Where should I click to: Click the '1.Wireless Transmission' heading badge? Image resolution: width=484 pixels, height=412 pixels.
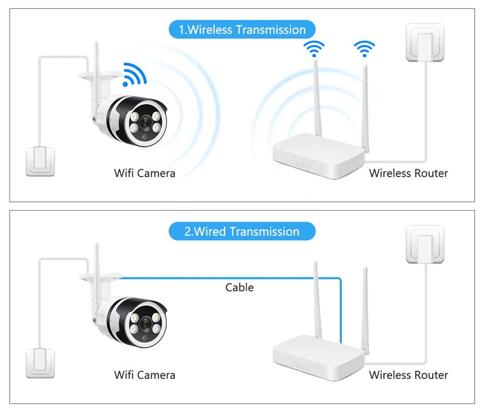pyautogui.click(x=242, y=30)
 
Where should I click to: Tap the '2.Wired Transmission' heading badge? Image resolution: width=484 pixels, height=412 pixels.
pyautogui.click(x=242, y=231)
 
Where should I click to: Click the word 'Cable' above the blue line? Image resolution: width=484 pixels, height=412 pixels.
pyautogui.click(x=239, y=288)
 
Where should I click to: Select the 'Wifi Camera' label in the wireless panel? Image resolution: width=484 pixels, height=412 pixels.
pyautogui.click(x=145, y=173)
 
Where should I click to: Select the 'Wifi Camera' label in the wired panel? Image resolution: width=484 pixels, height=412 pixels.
pyautogui.click(x=145, y=375)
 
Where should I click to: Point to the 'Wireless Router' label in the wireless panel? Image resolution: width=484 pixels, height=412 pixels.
pyautogui.click(x=409, y=173)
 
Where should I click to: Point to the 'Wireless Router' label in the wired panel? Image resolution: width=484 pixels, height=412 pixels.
pyautogui.click(x=409, y=375)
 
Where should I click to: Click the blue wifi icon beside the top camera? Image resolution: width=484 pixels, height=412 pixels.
pyautogui.click(x=135, y=74)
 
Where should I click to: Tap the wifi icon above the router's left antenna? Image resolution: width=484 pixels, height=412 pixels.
pyautogui.click(x=314, y=49)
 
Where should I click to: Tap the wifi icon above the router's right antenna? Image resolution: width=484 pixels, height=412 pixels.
pyautogui.click(x=364, y=49)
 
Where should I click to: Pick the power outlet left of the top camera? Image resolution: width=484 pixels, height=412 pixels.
pyautogui.click(x=40, y=161)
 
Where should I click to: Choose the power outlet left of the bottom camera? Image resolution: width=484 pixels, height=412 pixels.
pyautogui.click(x=40, y=363)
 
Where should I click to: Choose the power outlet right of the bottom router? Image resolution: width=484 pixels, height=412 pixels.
pyautogui.click(x=425, y=244)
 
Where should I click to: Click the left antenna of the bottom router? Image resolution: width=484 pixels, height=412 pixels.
pyautogui.click(x=317, y=301)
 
